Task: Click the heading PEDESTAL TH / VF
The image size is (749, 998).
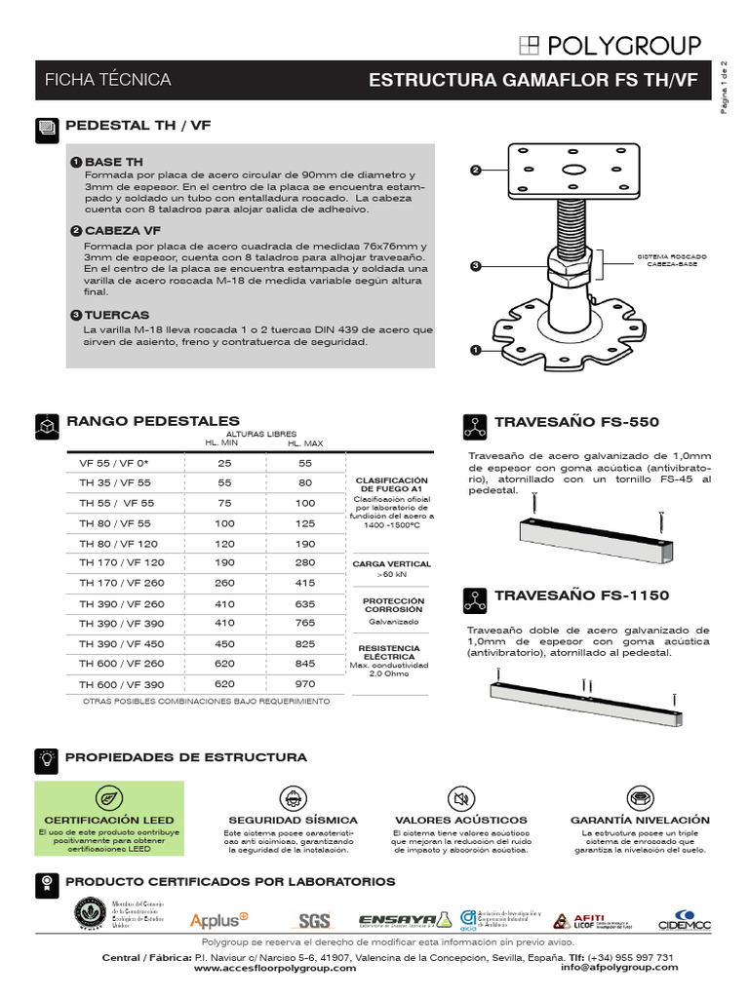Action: pos(138,127)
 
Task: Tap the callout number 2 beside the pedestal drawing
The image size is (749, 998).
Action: pos(476,170)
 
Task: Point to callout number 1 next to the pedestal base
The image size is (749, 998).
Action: pos(476,348)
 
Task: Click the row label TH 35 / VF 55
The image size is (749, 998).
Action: pos(116,482)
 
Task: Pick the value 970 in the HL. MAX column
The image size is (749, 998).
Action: pos(305,685)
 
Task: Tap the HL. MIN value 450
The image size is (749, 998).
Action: pos(225,644)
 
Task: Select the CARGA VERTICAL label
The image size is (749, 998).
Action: pos(392,563)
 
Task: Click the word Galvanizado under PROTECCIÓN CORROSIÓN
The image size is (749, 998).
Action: pos(392,621)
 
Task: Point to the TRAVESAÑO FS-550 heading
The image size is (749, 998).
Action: pos(576,423)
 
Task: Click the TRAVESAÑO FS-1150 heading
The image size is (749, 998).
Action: pos(581,595)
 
